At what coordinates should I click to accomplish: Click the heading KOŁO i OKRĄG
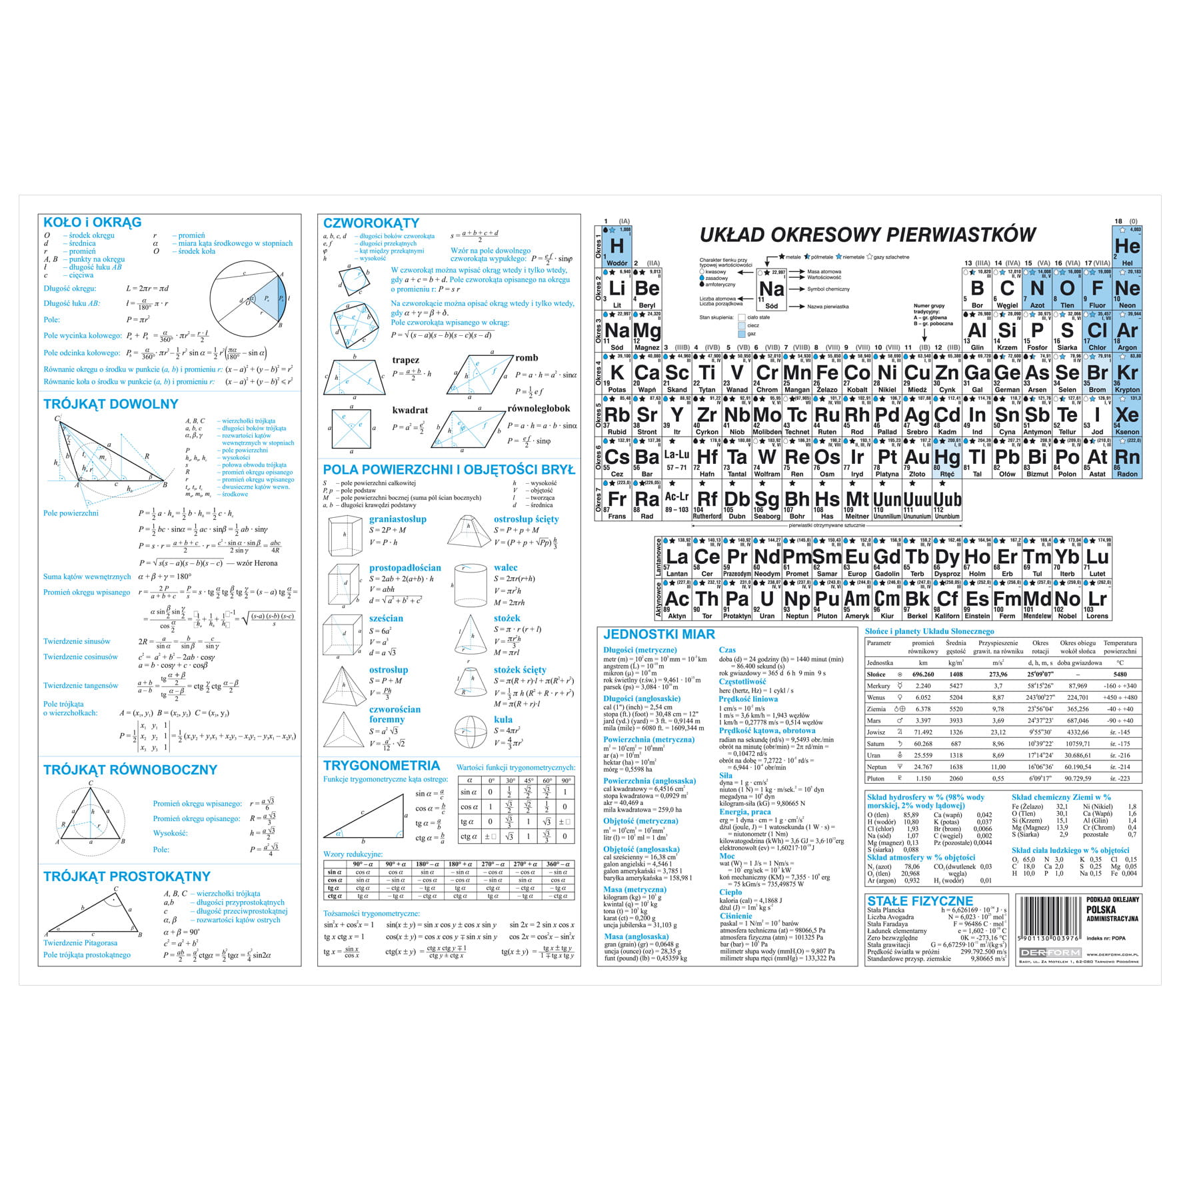pyautogui.click(x=92, y=223)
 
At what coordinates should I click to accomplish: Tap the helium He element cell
pyautogui.click(x=1127, y=247)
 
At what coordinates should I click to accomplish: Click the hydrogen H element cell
pyautogui.click(x=617, y=247)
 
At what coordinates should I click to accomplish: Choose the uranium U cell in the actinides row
pyautogui.click(x=766, y=600)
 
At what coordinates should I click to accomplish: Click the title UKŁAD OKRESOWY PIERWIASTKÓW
pyautogui.click(x=867, y=235)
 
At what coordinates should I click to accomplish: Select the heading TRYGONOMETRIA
pyautogui.click(x=381, y=766)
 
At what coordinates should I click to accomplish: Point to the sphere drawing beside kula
pyautogui.click(x=471, y=732)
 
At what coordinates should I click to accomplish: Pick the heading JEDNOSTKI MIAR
pyautogui.click(x=658, y=634)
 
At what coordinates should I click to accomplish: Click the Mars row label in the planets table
pyautogui.click(x=874, y=720)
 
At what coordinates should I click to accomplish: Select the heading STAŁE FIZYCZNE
pyautogui.click(x=920, y=901)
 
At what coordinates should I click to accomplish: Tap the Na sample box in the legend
pyautogui.click(x=772, y=290)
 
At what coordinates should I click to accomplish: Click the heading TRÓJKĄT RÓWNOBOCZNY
pyautogui.click(x=130, y=770)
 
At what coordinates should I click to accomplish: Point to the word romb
pyautogui.click(x=526, y=358)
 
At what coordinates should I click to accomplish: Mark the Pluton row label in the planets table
pyautogui.click(x=876, y=778)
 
